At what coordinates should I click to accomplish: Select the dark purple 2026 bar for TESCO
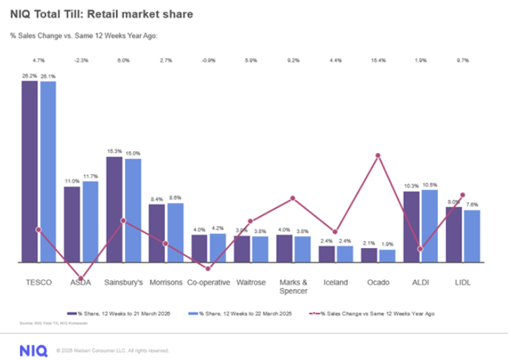click(29, 172)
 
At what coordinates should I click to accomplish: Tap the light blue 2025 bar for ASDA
click(90, 222)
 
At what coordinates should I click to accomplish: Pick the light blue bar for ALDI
click(430, 226)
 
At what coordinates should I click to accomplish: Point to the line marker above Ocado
click(378, 155)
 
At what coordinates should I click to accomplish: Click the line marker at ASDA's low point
click(81, 278)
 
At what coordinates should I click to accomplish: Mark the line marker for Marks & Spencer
click(293, 198)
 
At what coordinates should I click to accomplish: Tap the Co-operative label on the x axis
click(208, 283)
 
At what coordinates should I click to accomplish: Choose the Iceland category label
click(335, 283)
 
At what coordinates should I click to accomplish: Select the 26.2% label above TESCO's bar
click(29, 75)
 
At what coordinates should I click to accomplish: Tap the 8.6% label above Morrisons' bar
click(175, 197)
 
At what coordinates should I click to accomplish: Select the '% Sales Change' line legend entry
click(373, 313)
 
